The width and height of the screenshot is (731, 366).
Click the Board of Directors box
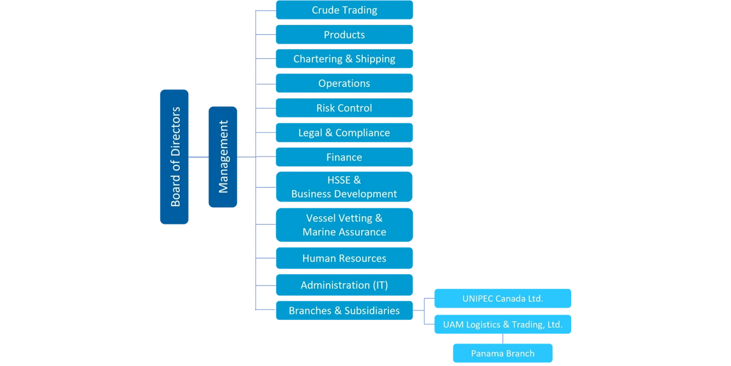[174, 156]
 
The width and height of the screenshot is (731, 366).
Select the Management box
[223, 156]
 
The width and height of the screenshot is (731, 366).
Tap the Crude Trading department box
[344, 10]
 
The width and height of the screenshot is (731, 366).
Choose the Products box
[344, 35]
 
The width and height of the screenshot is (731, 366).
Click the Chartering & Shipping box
[344, 59]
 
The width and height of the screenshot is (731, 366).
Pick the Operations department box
[344, 83]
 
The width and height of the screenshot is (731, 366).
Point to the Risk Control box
[344, 108]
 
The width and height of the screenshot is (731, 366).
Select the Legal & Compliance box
[344, 133]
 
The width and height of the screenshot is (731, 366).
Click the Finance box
[344, 157]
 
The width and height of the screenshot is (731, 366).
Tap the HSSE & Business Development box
[344, 187]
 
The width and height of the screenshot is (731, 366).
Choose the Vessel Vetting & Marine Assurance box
[344, 225]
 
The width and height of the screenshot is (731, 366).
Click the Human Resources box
[344, 259]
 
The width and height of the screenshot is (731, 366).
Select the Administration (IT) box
[344, 285]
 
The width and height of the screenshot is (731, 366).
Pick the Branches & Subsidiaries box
[344, 311]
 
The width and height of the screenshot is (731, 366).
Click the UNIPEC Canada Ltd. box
[502, 299]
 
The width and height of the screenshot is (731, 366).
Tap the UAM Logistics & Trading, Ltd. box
[502, 325]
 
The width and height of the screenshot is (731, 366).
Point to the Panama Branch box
[502, 354]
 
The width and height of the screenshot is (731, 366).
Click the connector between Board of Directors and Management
[198, 157]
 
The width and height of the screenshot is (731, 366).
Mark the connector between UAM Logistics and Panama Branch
[502, 339]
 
